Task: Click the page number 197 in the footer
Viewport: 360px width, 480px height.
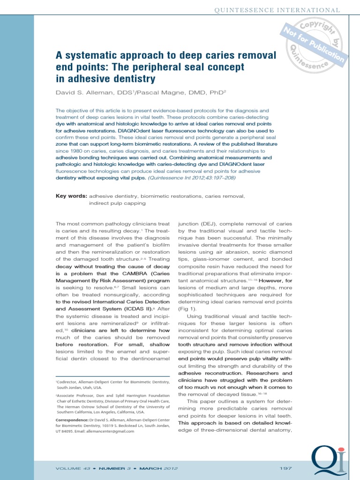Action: (x=285, y=468)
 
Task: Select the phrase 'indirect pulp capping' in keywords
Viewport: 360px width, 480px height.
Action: (x=116, y=203)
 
